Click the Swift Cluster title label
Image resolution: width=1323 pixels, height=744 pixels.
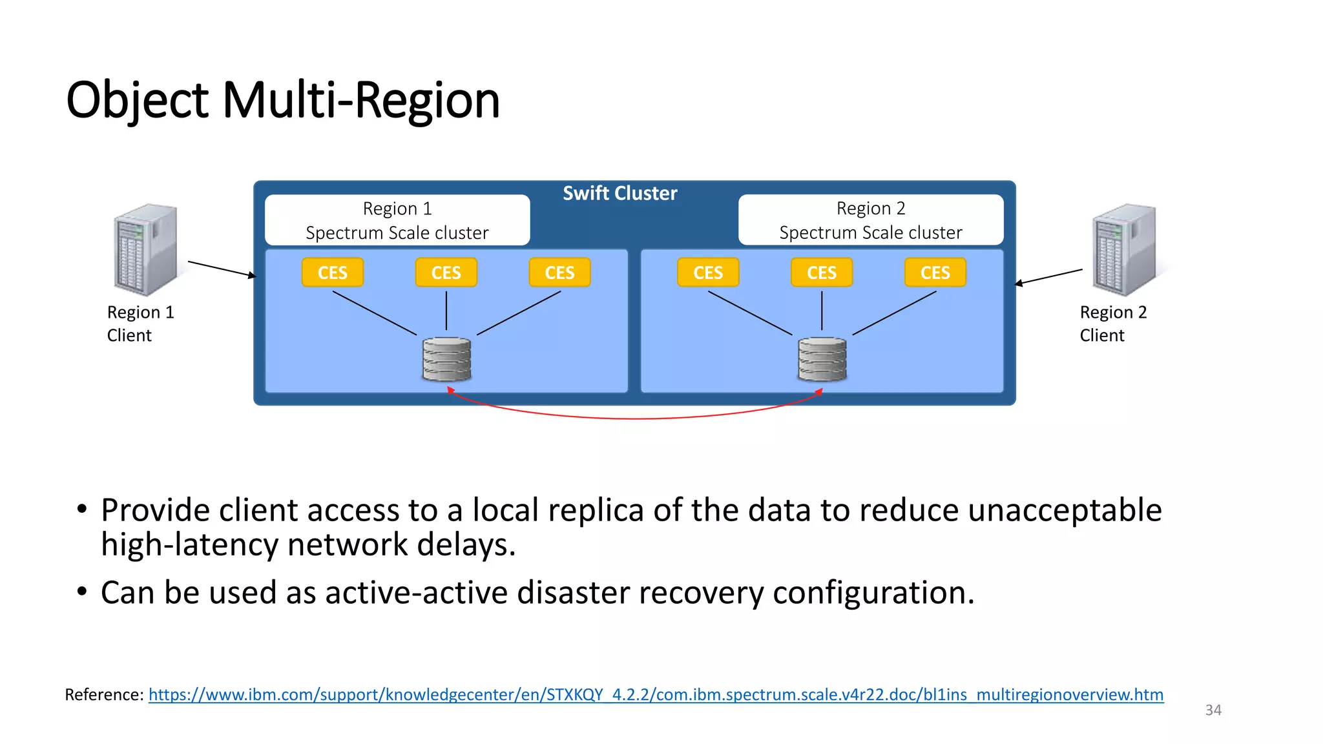tap(620, 193)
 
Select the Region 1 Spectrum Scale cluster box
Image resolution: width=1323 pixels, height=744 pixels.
tap(397, 220)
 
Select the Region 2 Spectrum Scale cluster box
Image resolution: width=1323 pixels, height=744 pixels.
tap(871, 220)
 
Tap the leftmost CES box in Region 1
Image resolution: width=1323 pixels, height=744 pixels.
tap(333, 273)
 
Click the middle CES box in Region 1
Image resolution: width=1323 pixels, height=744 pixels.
tap(446, 273)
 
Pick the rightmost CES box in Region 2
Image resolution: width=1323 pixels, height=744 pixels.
tap(935, 273)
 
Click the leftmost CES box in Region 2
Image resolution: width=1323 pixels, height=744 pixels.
tap(708, 273)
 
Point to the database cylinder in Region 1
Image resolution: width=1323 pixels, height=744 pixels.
tap(446, 359)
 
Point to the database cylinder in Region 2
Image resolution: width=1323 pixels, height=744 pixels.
tap(822, 359)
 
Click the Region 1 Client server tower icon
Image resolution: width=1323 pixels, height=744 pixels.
tap(145, 249)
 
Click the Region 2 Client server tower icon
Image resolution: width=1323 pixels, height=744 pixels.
tap(1124, 249)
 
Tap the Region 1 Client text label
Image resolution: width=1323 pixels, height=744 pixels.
tap(140, 324)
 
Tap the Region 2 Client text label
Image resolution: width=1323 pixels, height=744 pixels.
tap(1113, 324)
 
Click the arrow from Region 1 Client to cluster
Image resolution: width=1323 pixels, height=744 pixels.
tap(222, 269)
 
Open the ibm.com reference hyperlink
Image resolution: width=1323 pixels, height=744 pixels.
tap(656, 695)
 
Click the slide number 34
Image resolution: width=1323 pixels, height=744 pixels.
tap(1213, 710)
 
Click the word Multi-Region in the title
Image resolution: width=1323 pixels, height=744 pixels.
tap(361, 101)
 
